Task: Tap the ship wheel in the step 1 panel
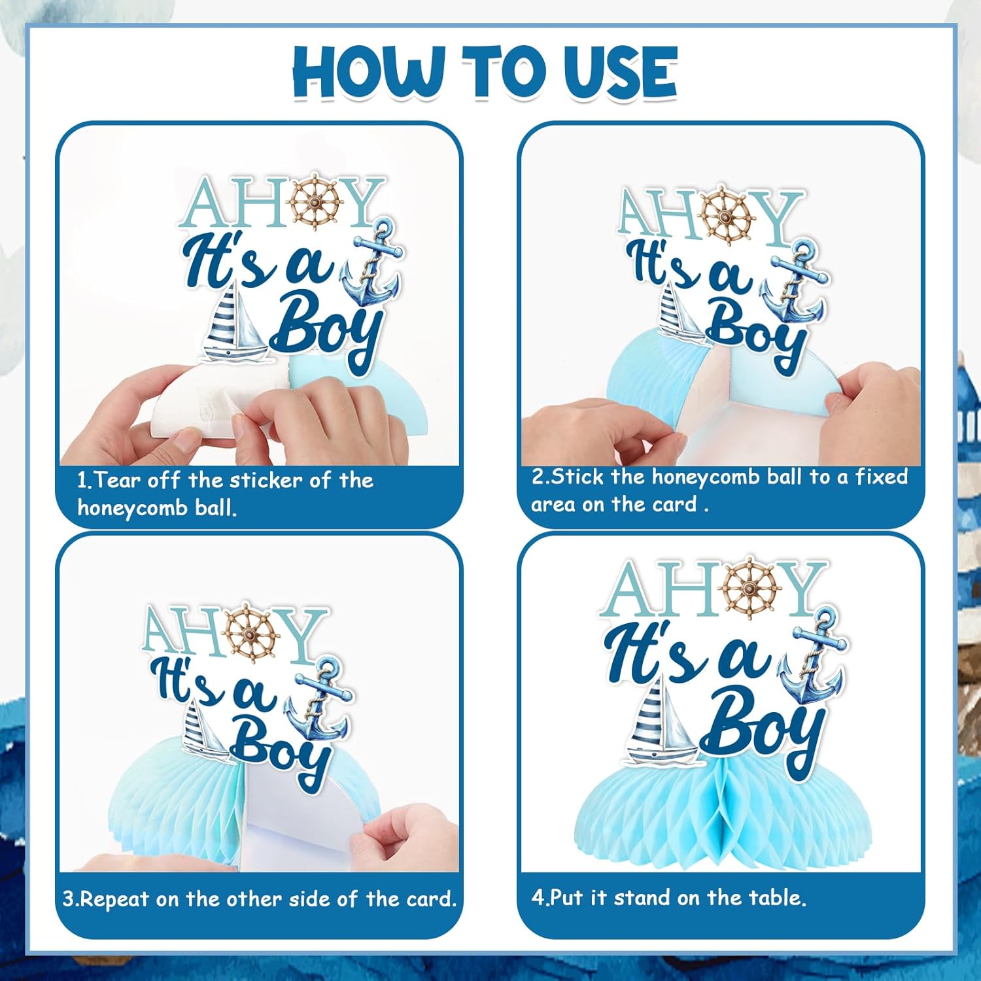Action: (317, 201)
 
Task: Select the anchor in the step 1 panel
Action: (372, 262)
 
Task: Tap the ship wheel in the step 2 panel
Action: (726, 216)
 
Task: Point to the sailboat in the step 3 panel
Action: (205, 731)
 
